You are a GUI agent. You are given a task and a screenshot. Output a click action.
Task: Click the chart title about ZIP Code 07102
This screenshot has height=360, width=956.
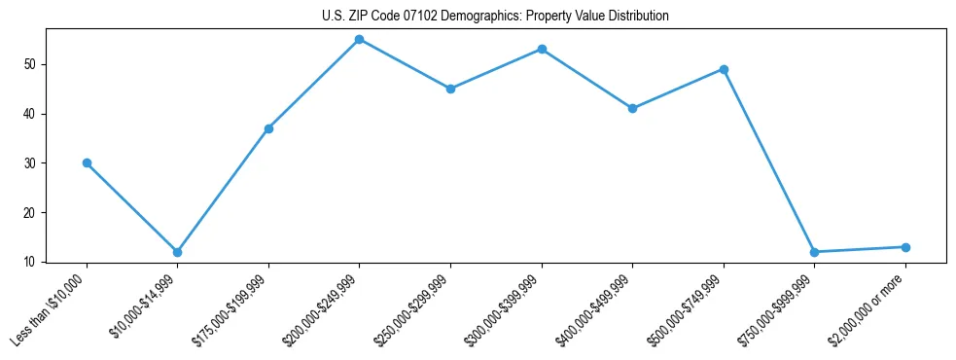point(495,17)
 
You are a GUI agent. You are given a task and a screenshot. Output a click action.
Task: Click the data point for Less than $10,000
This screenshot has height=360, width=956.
point(87,162)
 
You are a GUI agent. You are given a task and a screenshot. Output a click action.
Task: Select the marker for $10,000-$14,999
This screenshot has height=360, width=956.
point(177,252)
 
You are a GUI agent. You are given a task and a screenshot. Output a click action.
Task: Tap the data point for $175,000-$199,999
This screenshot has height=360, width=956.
point(268,128)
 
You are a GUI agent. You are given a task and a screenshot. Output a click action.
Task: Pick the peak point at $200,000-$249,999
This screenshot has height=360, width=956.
point(359,39)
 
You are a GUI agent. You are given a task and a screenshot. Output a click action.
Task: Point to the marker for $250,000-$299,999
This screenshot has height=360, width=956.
point(450,89)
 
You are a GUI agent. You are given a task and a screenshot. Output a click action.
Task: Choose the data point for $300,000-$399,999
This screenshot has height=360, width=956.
point(542,49)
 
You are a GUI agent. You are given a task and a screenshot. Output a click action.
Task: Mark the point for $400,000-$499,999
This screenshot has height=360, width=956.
point(632,108)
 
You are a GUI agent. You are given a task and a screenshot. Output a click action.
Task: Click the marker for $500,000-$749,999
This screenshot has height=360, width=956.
point(724,69)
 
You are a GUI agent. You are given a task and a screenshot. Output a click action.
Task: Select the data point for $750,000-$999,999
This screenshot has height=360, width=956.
point(814,252)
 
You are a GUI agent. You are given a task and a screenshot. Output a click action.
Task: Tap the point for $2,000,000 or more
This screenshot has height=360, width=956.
point(905,247)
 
